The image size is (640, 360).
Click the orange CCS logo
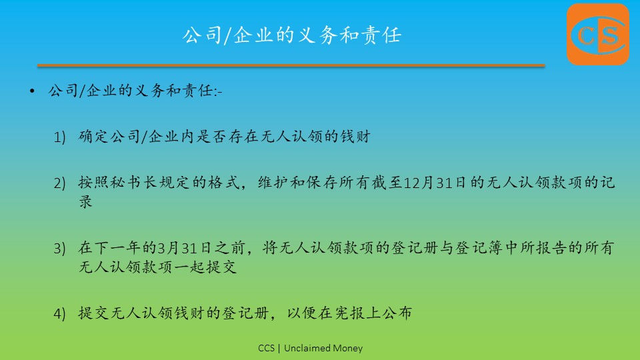[597, 34]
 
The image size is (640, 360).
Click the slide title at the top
[292, 35]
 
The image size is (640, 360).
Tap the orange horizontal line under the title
[291, 65]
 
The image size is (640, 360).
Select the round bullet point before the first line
[32, 91]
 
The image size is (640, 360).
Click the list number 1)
[59, 137]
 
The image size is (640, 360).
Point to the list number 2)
[59, 183]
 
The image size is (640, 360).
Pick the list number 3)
[59, 248]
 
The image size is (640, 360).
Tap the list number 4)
[59, 313]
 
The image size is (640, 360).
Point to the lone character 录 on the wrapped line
[86, 201]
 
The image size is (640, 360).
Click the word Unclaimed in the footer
[307, 348]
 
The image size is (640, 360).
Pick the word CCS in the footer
[266, 348]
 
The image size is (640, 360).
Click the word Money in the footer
[348, 349]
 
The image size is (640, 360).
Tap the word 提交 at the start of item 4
[93, 313]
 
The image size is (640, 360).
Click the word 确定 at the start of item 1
[93, 136]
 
